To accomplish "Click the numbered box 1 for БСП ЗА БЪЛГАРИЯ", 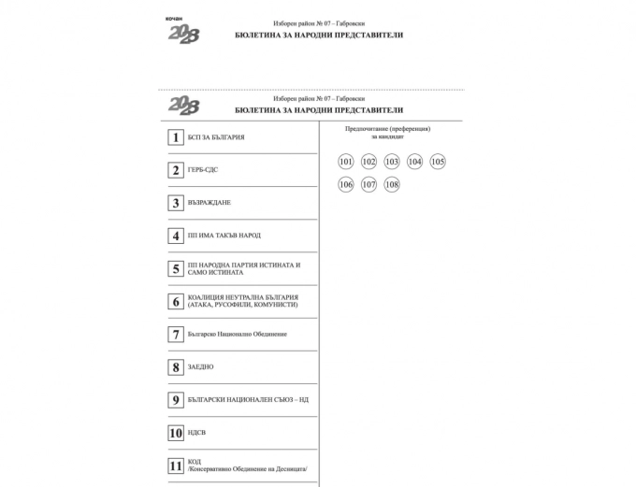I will click(175, 137).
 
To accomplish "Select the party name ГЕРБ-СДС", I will click(203, 170).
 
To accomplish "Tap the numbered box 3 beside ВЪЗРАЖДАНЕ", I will click(175, 203).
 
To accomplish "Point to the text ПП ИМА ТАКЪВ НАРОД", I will click(224, 236).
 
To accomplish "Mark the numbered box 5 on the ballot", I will click(175, 268).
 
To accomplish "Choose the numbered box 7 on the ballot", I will click(175, 334).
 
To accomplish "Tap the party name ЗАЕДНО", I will click(200, 367).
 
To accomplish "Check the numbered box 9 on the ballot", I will click(175, 400).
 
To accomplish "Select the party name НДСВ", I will click(197, 433).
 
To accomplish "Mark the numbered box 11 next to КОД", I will click(175, 466).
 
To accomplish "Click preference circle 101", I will click(346, 162).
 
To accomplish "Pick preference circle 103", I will click(392, 162).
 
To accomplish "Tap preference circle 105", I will click(438, 162).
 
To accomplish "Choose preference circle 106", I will click(346, 184).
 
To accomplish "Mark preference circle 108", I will click(392, 184).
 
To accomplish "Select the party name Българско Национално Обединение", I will click(237, 334).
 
